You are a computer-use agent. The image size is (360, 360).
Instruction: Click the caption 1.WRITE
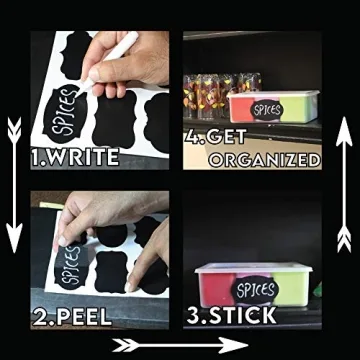[75, 157]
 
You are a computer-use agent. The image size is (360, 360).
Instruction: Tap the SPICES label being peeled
[71, 263]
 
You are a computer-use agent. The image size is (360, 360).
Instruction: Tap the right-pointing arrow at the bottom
[180, 345]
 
